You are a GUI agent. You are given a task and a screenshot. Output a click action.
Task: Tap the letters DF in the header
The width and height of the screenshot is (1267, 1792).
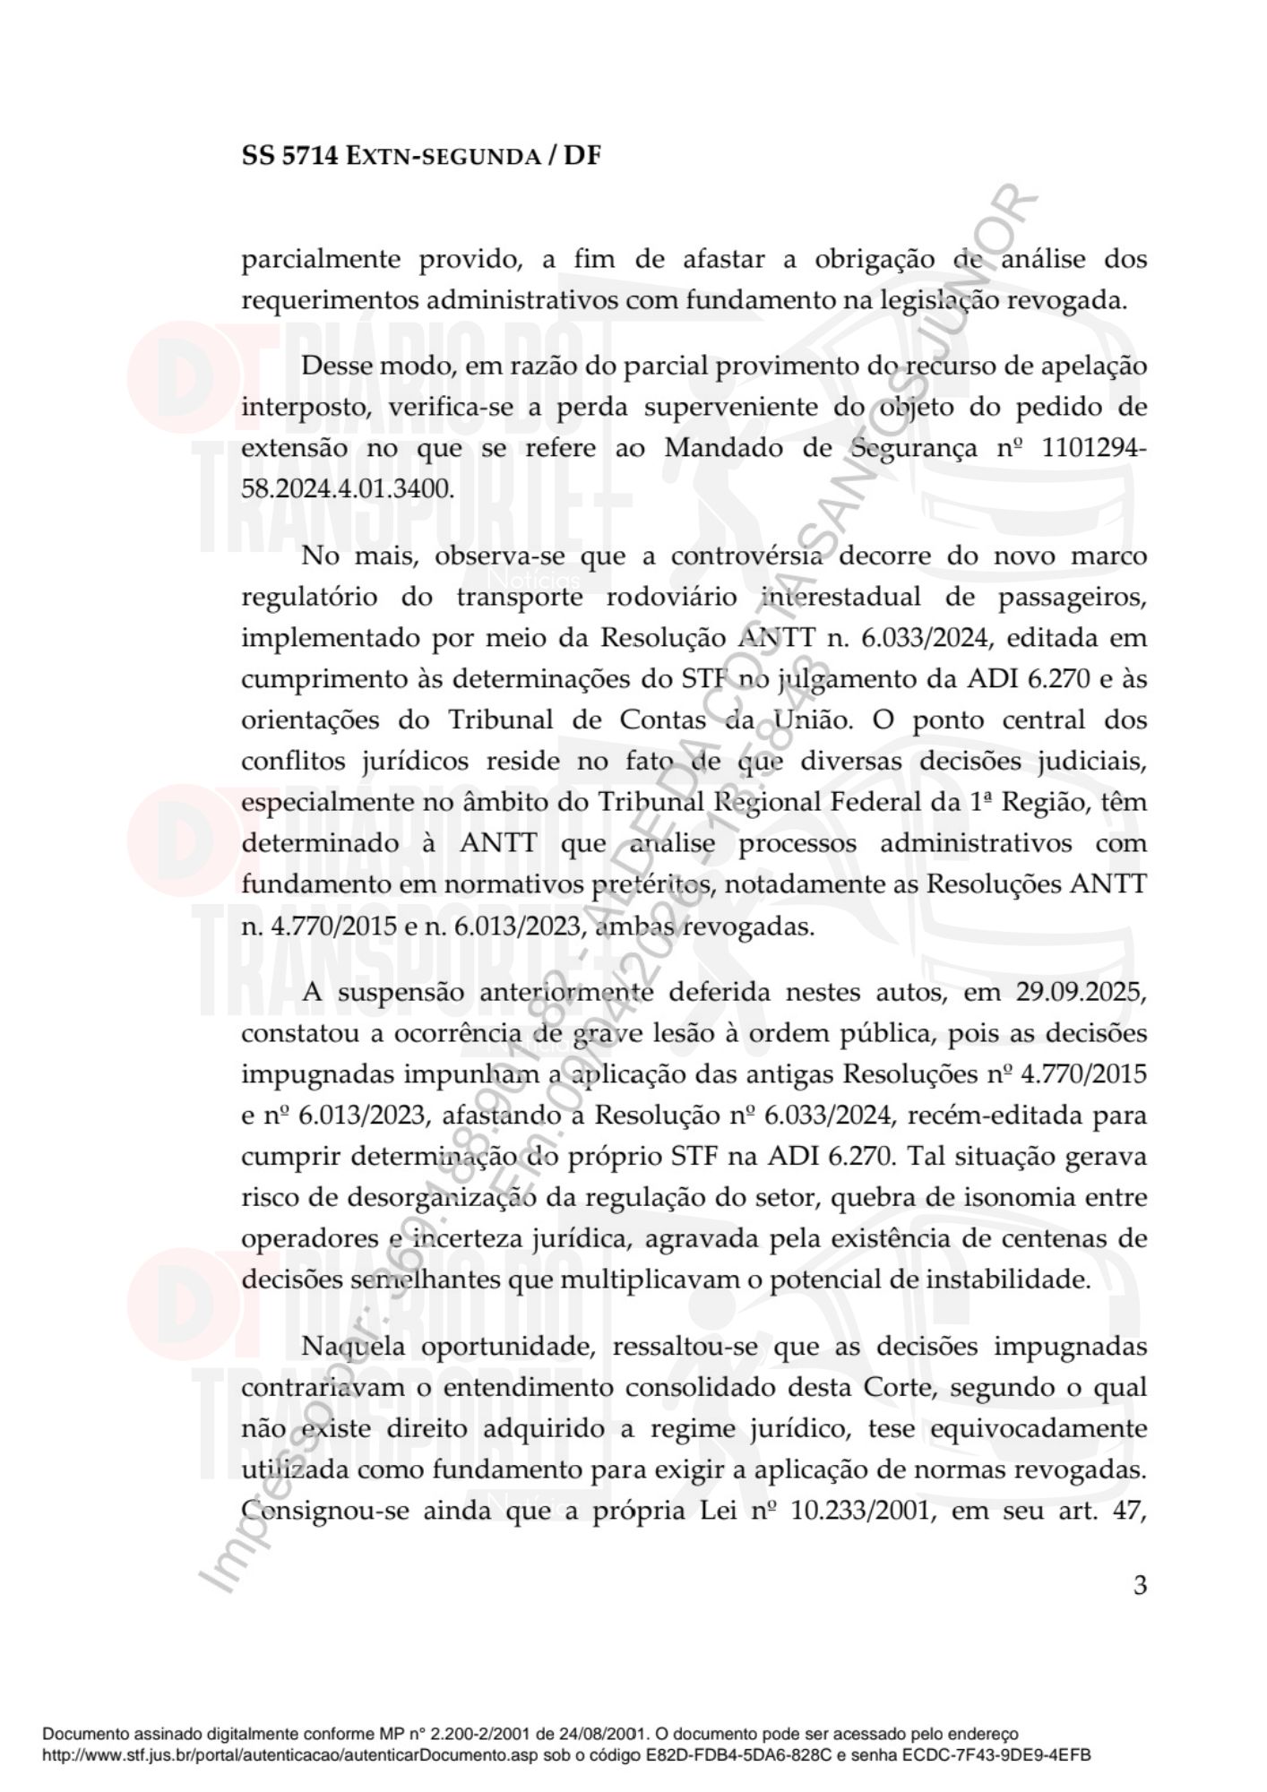point(582,156)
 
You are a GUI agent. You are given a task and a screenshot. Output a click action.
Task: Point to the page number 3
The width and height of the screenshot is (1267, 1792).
point(1140,1585)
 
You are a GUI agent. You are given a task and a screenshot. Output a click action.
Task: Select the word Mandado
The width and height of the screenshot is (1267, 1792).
point(723,448)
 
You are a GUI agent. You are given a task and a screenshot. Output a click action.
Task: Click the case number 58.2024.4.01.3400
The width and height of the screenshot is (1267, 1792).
point(348,489)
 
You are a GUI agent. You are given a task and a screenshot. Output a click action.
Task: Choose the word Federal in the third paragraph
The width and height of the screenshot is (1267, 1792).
point(876,802)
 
